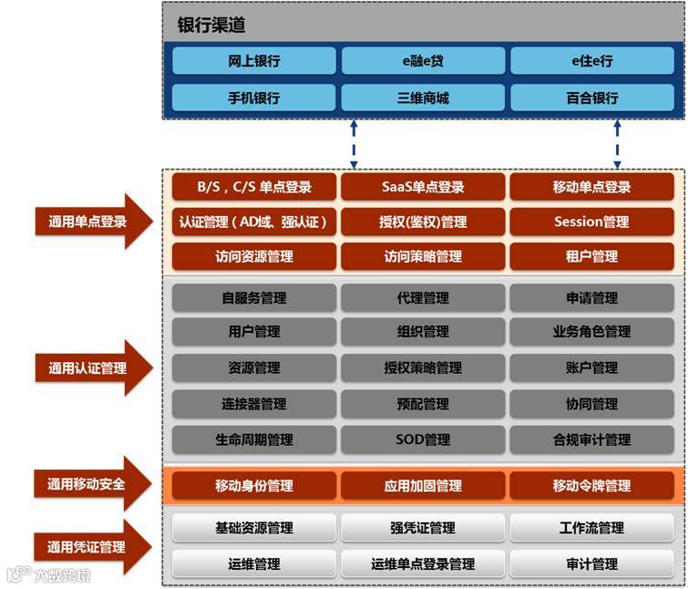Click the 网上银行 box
coord(254,61)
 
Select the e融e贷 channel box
coord(423,61)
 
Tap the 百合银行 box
coord(591,98)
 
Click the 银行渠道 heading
coord(211,26)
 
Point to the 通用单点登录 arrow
coord(87,222)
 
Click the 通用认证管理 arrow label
coord(87,368)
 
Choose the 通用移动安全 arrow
coord(87,485)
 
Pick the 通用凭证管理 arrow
coord(87,547)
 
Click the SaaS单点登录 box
coord(423,187)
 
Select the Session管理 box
coord(591,222)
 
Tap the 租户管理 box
coord(591,256)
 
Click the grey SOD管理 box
coord(423,439)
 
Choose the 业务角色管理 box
coord(591,332)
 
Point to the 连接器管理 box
coord(254,404)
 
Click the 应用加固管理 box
coord(423,486)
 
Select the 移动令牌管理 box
coord(591,486)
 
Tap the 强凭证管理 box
coord(423,528)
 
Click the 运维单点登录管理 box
coord(423,564)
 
